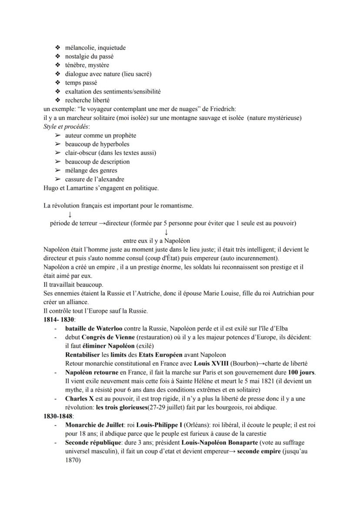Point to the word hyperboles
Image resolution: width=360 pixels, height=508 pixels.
click(x=114, y=144)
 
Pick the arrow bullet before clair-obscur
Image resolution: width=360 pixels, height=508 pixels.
click(x=57, y=153)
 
